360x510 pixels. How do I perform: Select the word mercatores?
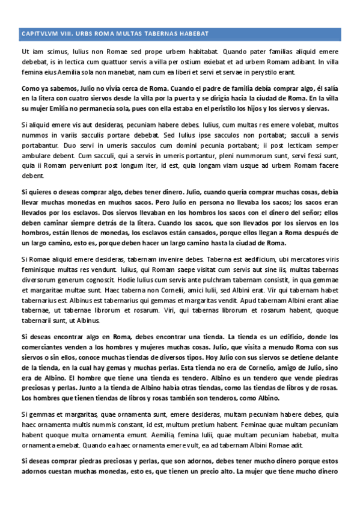(285, 259)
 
